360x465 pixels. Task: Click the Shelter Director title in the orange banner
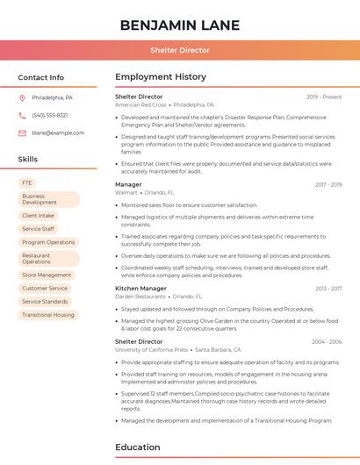[180, 50]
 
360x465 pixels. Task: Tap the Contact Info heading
[40, 77]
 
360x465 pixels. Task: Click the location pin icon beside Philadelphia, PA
[22, 98]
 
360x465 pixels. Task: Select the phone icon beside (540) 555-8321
[22, 116]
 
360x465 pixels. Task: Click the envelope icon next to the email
[22, 133]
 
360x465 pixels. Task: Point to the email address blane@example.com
[58, 133]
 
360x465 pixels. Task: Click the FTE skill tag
[27, 182]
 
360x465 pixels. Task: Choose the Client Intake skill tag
[38, 215]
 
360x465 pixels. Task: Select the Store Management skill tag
[47, 275]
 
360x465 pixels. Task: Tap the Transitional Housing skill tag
[48, 314]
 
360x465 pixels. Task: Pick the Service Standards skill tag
[45, 301]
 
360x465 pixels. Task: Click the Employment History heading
[161, 77]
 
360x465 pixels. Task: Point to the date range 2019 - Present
[324, 97]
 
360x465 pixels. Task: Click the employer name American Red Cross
[140, 104]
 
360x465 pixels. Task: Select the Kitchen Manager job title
[140, 288]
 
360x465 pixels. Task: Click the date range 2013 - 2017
[328, 288]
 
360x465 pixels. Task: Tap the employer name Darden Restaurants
[141, 297]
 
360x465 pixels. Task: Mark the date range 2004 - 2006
[327, 341]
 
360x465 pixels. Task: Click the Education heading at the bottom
[139, 447]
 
